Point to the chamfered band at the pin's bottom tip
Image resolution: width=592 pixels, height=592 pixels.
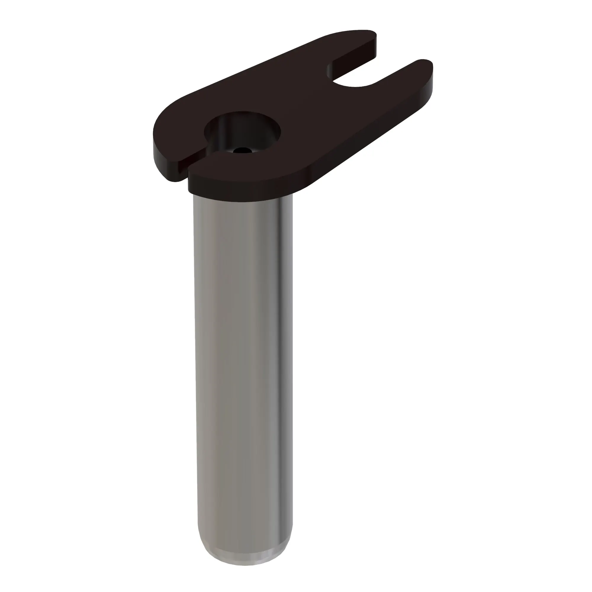point(245,561)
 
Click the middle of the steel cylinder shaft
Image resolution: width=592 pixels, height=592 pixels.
point(242,368)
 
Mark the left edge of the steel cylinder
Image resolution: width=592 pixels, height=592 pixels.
point(194,368)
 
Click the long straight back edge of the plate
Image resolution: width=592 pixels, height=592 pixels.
point(245,70)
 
